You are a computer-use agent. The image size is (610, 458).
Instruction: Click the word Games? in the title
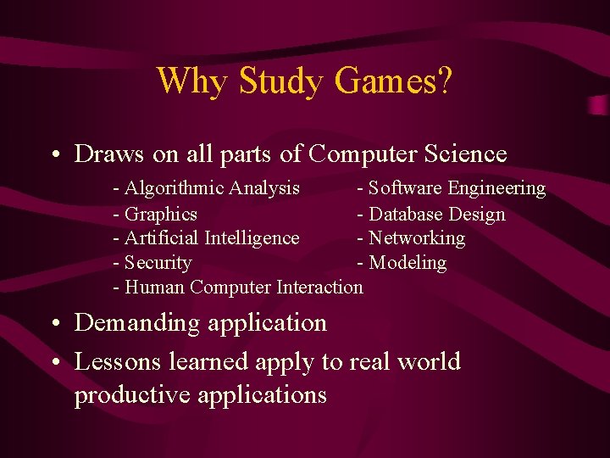pyautogui.click(x=393, y=81)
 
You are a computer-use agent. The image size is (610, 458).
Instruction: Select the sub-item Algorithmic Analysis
pyautogui.click(x=212, y=187)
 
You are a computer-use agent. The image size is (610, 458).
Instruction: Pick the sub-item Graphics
pyautogui.click(x=161, y=214)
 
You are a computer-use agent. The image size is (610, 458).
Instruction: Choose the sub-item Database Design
pyautogui.click(x=436, y=214)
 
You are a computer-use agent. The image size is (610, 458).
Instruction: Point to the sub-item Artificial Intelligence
pyautogui.click(x=212, y=237)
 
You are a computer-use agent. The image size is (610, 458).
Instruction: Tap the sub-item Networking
pyautogui.click(x=416, y=237)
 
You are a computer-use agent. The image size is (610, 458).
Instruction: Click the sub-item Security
pyautogui.click(x=158, y=263)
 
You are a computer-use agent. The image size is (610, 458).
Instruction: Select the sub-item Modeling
pyautogui.click(x=407, y=263)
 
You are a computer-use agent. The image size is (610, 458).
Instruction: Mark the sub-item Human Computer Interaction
pyautogui.click(x=243, y=287)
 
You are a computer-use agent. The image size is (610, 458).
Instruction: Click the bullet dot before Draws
pyautogui.click(x=55, y=155)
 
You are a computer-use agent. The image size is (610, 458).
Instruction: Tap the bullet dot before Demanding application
pyautogui.click(x=55, y=324)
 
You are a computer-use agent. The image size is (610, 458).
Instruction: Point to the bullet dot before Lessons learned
pyautogui.click(x=55, y=362)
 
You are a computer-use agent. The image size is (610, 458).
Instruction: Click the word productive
pyautogui.click(x=132, y=395)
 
